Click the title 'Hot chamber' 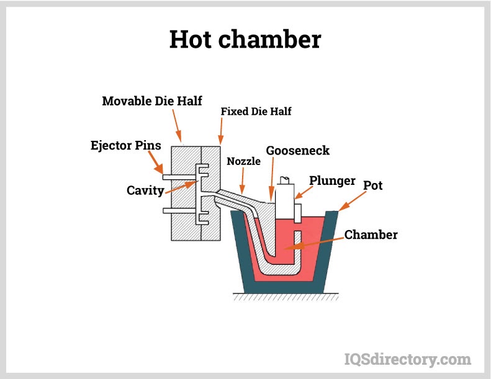[x=245, y=40]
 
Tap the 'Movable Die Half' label [x=152, y=100]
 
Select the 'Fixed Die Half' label [x=256, y=112]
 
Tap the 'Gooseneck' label [x=297, y=151]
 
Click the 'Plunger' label [x=332, y=181]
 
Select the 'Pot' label [x=373, y=184]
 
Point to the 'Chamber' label [x=371, y=234]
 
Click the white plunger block [x=287, y=198]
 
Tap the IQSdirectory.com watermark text [x=407, y=359]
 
